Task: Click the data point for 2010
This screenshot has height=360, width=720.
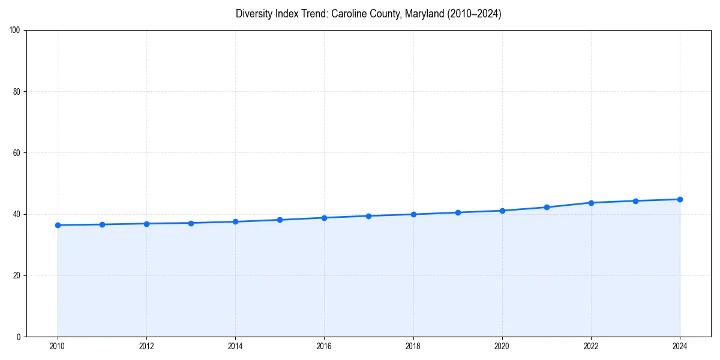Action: [58, 225]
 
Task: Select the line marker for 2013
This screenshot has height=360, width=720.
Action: [191, 223]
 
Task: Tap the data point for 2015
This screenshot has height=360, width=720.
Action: [280, 220]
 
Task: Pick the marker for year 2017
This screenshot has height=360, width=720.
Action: [368, 216]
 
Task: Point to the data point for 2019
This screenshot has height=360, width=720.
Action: [458, 212]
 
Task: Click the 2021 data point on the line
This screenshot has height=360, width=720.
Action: [547, 207]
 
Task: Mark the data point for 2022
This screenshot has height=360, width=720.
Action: [591, 203]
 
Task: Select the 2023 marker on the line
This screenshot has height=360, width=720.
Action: [635, 201]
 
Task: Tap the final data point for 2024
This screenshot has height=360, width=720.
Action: [680, 199]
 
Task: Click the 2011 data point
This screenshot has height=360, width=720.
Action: [102, 224]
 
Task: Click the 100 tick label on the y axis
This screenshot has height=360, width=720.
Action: [15, 30]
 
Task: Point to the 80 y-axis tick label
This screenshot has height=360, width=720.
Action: [17, 92]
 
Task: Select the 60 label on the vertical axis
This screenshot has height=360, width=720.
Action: [17, 153]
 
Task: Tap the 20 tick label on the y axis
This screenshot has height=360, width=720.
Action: [17, 275]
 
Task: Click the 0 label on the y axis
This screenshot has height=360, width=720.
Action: [19, 337]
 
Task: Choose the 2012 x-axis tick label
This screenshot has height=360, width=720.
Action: [146, 346]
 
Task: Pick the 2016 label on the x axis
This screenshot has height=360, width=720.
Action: [324, 346]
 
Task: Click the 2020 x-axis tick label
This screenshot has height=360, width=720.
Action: [502, 346]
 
